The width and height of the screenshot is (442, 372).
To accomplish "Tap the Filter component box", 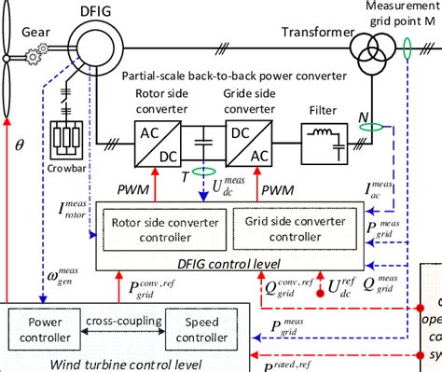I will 326,145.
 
